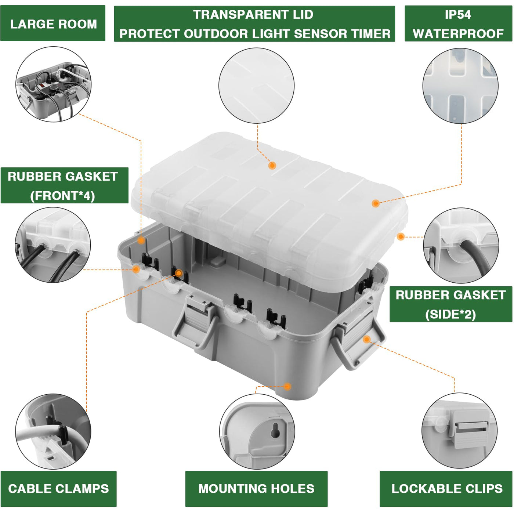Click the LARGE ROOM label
[x=53, y=24]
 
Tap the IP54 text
[x=457, y=15]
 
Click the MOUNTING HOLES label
[x=256, y=489]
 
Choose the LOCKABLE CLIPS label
[x=446, y=489]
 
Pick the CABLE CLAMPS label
[x=58, y=489]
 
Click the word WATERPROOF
[x=458, y=34]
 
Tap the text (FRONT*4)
[x=63, y=196]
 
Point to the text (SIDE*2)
[x=450, y=314]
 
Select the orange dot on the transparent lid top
[x=272, y=166]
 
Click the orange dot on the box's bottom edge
[x=287, y=386]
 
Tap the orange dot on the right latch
[x=366, y=339]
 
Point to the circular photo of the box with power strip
[x=53, y=84]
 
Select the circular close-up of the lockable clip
[x=459, y=431]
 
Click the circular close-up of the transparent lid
[x=256, y=86]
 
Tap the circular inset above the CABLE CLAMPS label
[x=53, y=431]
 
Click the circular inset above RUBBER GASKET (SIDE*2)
[x=461, y=245]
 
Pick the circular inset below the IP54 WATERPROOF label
[x=460, y=86]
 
